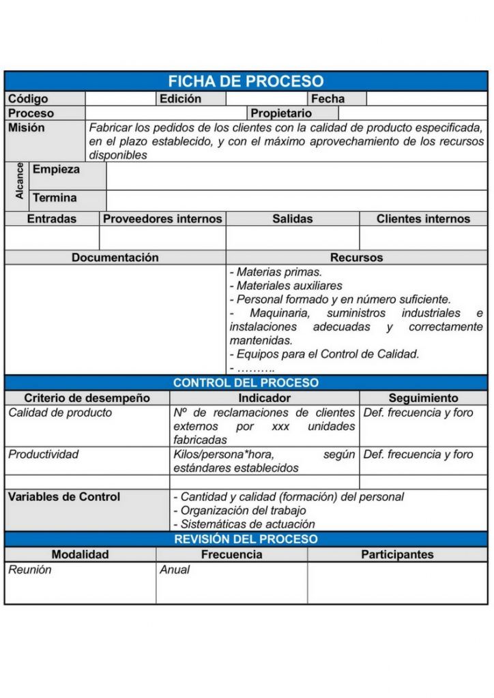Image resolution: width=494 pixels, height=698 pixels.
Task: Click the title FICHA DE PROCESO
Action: (246, 82)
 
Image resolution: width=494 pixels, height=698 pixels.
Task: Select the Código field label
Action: (28, 99)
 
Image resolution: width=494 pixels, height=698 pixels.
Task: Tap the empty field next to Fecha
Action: (426, 99)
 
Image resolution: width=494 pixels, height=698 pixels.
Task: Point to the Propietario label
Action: (281, 113)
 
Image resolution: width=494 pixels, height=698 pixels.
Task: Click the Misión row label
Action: (27, 127)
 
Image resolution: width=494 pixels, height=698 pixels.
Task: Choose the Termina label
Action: (55, 198)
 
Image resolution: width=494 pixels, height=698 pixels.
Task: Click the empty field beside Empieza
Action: (296, 176)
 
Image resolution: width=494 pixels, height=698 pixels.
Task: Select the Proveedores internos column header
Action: (162, 219)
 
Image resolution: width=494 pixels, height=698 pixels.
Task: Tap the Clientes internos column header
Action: (423, 219)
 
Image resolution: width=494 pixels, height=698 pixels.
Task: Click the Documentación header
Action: (115, 258)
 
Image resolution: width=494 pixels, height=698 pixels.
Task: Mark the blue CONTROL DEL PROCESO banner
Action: (246, 383)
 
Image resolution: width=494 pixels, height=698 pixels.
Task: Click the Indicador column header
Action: (264, 398)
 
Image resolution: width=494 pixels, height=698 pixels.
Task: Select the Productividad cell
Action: (44, 454)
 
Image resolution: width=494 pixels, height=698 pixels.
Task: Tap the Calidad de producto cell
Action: (60, 412)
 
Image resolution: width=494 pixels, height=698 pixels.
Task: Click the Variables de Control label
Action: (63, 496)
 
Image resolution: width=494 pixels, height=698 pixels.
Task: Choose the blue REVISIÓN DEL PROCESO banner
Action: (246, 539)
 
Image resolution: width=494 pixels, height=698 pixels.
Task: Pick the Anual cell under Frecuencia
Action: (175, 570)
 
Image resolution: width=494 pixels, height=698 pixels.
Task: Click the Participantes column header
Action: (397, 554)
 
